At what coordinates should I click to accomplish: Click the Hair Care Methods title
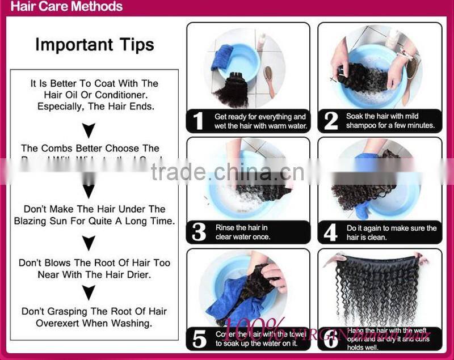(x=67, y=7)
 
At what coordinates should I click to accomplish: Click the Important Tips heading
(x=95, y=45)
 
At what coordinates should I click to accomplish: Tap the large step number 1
(x=198, y=120)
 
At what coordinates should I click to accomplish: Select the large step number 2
(x=330, y=120)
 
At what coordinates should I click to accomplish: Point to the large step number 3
(x=198, y=232)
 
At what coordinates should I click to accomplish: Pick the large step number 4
(x=330, y=232)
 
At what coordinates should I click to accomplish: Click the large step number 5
(x=199, y=339)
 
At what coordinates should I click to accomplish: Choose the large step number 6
(x=330, y=338)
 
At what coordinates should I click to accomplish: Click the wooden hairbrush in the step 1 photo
(x=269, y=80)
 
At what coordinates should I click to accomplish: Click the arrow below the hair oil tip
(x=89, y=130)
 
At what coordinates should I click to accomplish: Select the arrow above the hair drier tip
(x=89, y=243)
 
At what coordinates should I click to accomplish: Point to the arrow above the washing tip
(x=89, y=293)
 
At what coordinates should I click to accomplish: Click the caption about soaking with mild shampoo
(x=390, y=120)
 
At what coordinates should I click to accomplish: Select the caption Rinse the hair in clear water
(x=243, y=232)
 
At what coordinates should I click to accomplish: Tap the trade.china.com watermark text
(x=227, y=171)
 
